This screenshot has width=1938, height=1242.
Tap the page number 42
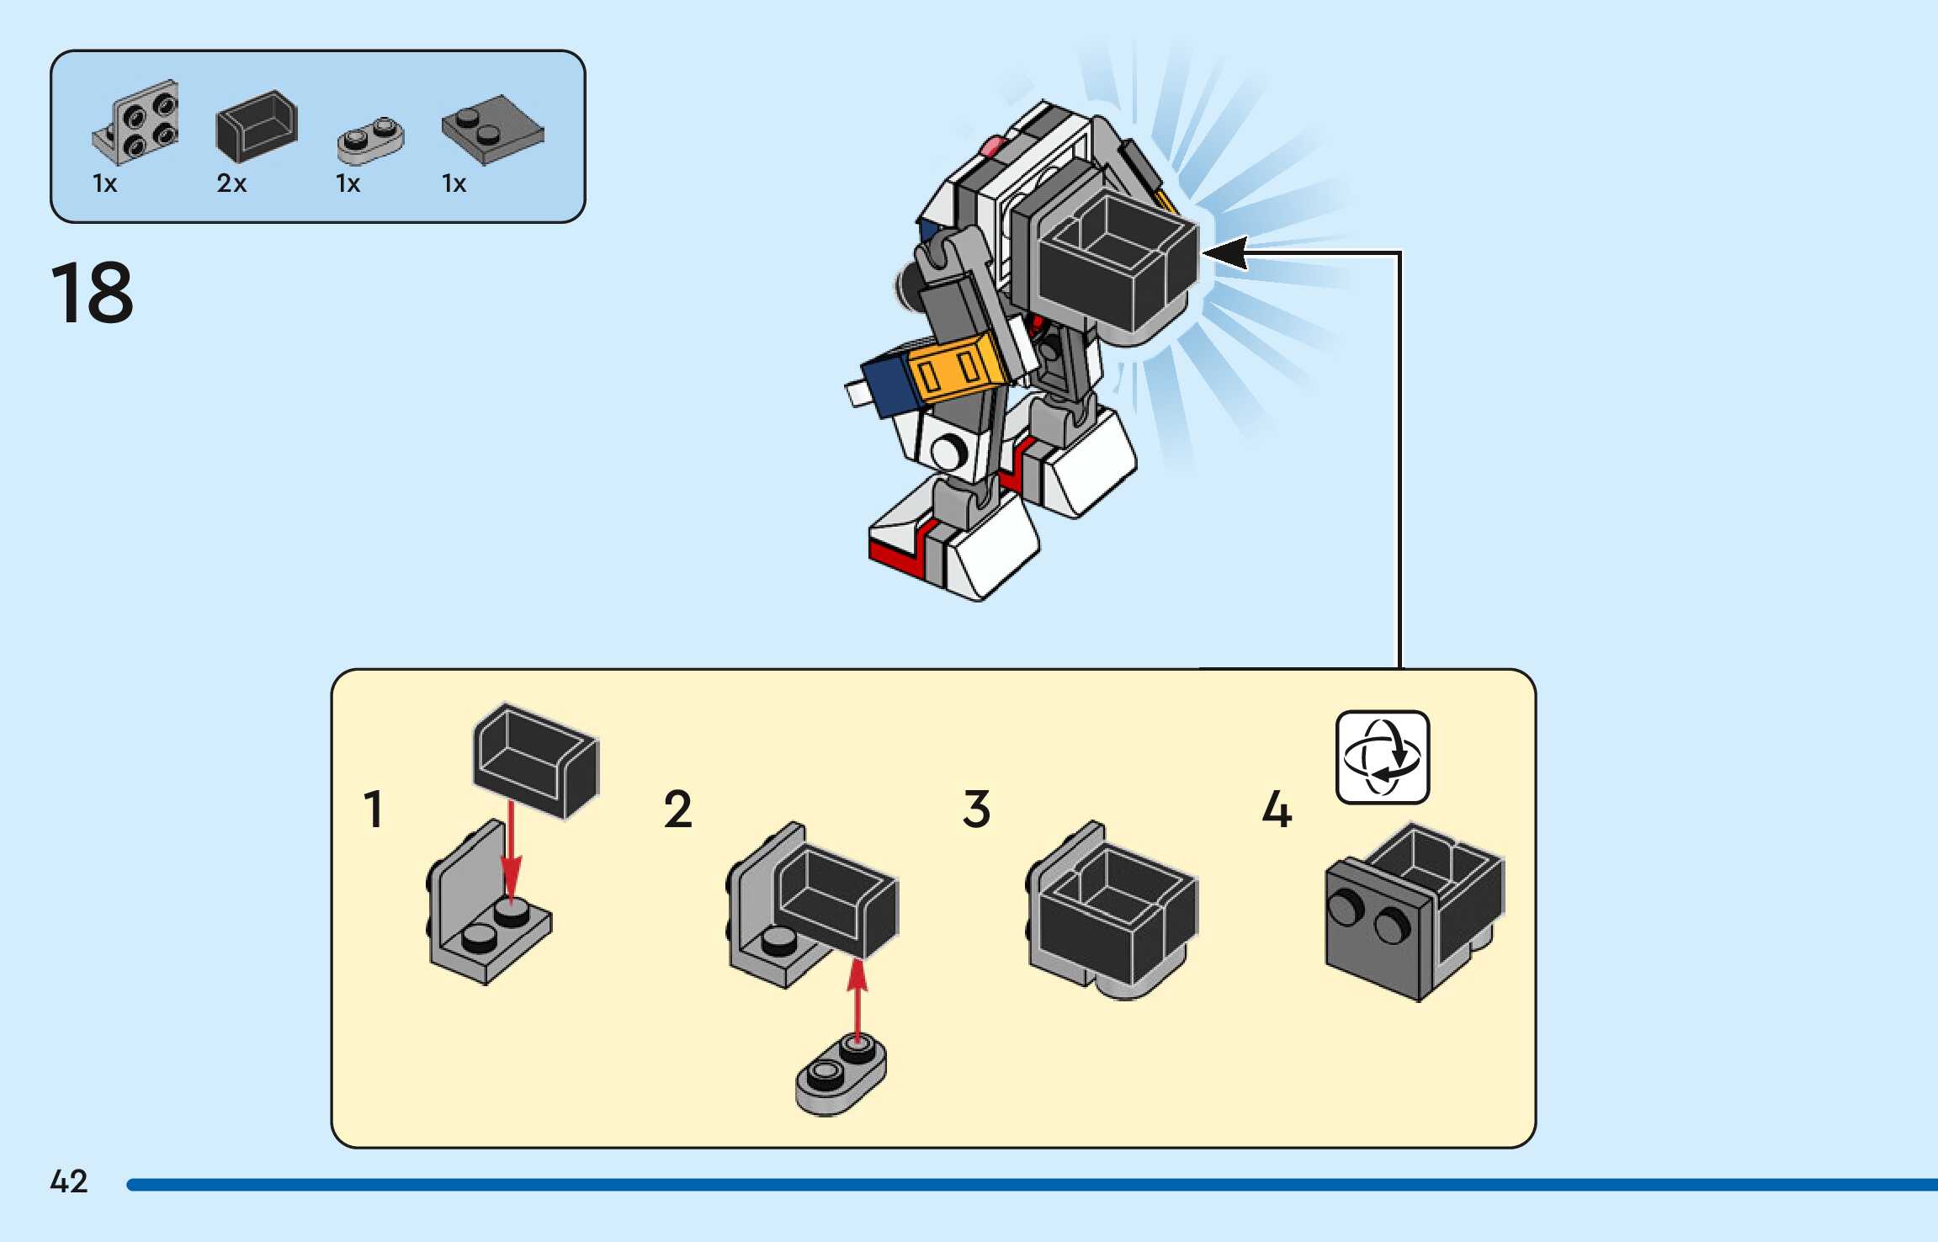[x=69, y=1181]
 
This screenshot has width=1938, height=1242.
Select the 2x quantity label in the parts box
[x=231, y=183]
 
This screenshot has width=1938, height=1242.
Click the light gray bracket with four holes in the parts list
[x=135, y=121]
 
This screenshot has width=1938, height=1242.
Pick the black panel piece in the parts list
[x=257, y=125]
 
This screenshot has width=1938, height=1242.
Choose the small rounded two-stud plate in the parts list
[x=370, y=141]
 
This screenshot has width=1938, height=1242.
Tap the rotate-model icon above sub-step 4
[x=1383, y=757]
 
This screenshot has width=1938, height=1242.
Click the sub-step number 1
[x=374, y=809]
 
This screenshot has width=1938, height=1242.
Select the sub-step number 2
[x=677, y=809]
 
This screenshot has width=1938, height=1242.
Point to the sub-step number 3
[x=976, y=809]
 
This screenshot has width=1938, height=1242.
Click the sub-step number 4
[x=1277, y=809]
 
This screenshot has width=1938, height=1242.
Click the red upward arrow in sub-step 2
[x=857, y=1001]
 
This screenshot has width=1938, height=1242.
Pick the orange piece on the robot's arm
[x=957, y=369]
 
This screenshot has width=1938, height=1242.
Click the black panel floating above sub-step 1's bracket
[x=536, y=761]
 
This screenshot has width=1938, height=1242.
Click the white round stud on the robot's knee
[x=949, y=453]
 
